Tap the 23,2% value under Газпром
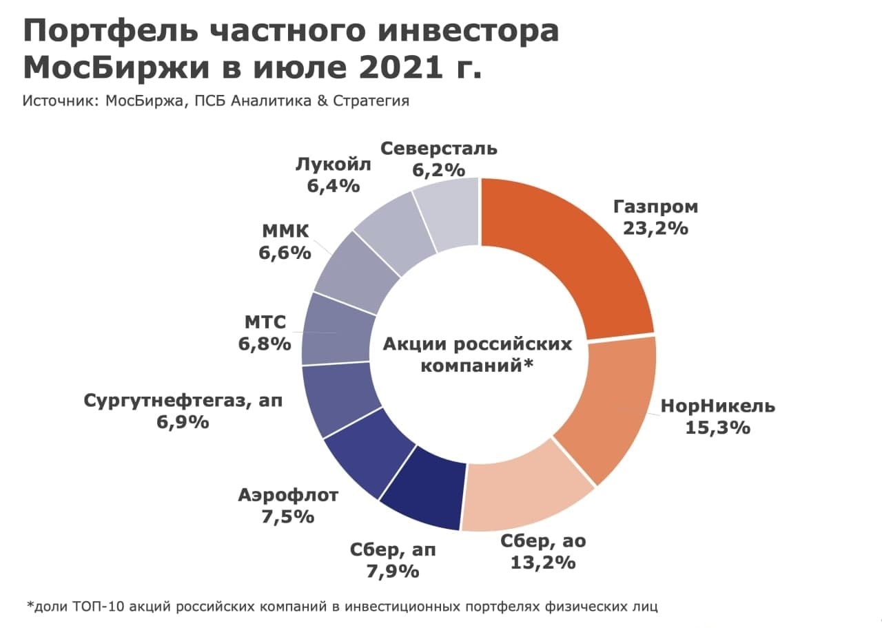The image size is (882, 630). (655, 228)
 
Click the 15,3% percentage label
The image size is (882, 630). (717, 428)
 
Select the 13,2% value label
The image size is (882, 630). (543, 563)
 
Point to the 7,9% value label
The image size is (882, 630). (393, 571)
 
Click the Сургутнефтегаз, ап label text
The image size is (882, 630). (183, 401)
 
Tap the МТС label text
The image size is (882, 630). (265, 322)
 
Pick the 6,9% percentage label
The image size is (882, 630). (183, 422)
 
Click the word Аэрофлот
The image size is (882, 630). (288, 495)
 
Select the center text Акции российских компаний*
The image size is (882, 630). (478, 355)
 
